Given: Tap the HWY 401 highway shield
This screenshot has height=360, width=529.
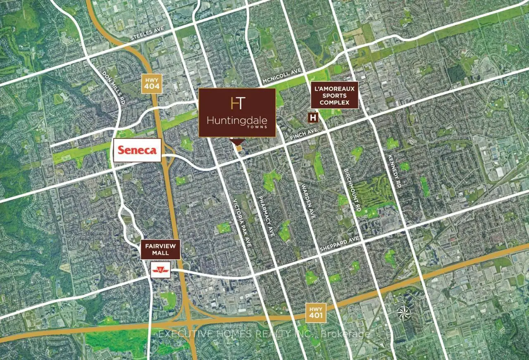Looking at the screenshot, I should [x=316, y=312].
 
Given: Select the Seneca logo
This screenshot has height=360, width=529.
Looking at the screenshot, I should [x=137, y=150].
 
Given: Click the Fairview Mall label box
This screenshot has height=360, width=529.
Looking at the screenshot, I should [x=160, y=249].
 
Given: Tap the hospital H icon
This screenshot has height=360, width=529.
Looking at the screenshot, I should [x=313, y=117].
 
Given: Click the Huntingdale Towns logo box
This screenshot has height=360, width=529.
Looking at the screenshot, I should [x=237, y=112].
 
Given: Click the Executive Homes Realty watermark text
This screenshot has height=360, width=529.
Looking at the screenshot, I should [x=264, y=334].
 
